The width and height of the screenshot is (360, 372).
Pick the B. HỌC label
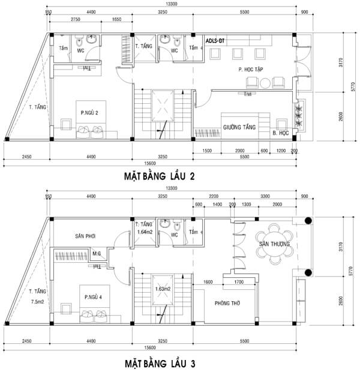pos(279,133)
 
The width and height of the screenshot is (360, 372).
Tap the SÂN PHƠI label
pos(78,236)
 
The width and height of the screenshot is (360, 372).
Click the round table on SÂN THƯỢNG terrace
pos(275,244)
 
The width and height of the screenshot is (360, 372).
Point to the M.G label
pos(97,254)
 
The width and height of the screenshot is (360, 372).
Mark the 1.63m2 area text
pos(163,289)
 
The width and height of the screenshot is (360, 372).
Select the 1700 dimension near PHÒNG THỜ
pos(238,281)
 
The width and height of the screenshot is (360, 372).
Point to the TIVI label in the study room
pos(248,94)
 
